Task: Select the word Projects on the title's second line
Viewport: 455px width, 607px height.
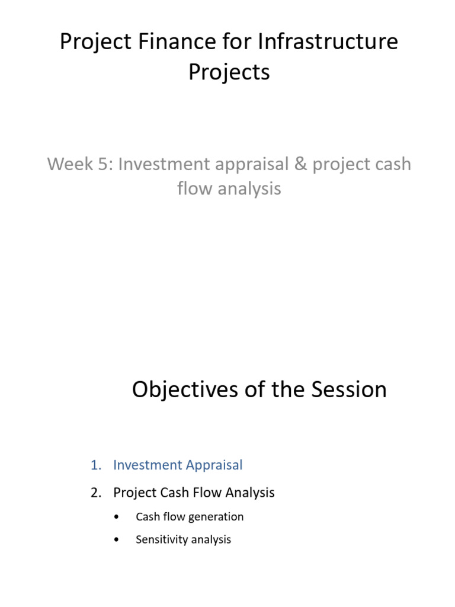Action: click(229, 72)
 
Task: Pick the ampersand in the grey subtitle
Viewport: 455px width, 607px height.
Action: click(300, 164)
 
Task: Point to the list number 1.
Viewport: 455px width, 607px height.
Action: click(95, 465)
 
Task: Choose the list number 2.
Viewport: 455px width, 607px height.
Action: click(95, 493)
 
